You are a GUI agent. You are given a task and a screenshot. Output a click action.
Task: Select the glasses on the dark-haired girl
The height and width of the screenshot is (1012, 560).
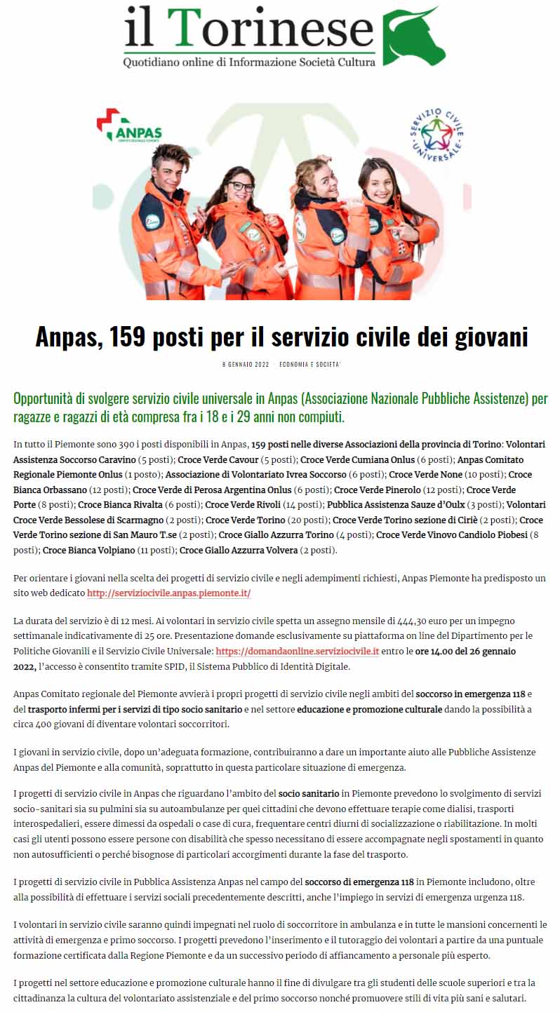click(x=240, y=187)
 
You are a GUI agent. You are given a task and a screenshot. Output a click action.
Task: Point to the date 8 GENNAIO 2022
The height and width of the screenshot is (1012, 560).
click(x=246, y=365)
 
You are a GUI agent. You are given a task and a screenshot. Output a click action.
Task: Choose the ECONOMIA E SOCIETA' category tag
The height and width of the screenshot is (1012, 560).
click(x=309, y=365)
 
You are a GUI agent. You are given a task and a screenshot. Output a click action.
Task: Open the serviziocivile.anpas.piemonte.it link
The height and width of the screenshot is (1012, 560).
click(x=168, y=593)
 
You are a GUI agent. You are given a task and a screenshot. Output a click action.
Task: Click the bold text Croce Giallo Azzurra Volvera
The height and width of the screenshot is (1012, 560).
click(x=239, y=550)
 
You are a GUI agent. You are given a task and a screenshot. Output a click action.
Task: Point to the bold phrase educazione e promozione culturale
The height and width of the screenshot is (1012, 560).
click(x=369, y=709)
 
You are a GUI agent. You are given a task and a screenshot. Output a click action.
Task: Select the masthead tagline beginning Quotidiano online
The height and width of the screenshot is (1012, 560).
click(x=249, y=62)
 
